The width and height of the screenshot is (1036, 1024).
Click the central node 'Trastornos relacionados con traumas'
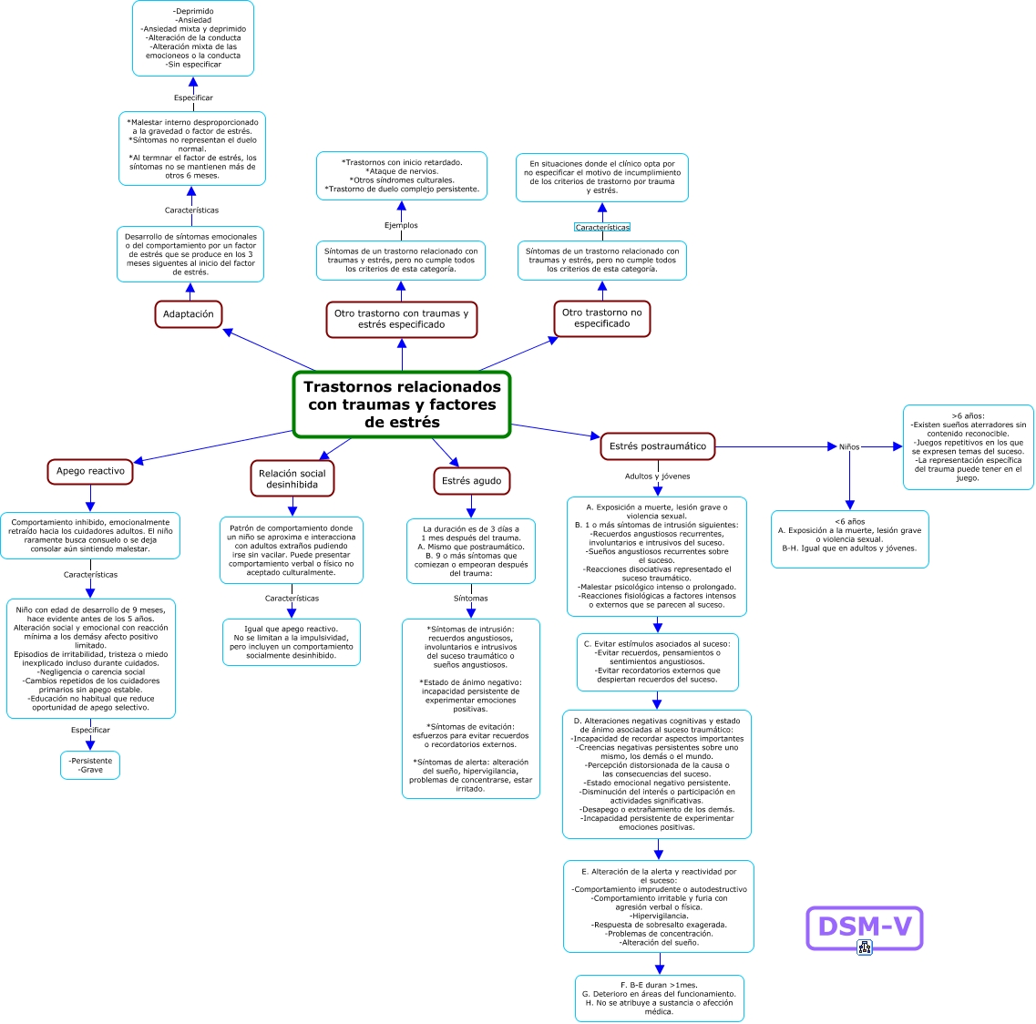click(x=402, y=404)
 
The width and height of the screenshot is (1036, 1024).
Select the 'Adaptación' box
click(x=189, y=313)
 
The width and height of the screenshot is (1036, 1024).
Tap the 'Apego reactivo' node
click(x=90, y=471)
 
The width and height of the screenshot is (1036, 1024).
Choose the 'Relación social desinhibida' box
click(x=292, y=479)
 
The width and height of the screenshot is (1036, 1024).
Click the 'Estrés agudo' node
click(x=472, y=481)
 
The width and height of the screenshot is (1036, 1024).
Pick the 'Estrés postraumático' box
click(x=658, y=446)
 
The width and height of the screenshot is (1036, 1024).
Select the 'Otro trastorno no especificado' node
click(x=602, y=319)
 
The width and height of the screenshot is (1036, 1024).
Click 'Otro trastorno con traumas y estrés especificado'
click(x=402, y=319)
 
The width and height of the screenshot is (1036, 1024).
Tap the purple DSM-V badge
click(x=864, y=927)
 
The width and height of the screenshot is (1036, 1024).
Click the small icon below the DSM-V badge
click(x=864, y=947)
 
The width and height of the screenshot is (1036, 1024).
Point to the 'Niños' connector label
click(x=850, y=447)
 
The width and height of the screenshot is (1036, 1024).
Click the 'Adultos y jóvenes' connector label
click(x=658, y=476)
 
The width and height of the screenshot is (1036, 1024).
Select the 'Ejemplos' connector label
click(x=401, y=225)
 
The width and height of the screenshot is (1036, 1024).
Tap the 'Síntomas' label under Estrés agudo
click(x=471, y=599)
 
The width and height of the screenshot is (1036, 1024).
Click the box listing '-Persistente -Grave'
click(x=90, y=765)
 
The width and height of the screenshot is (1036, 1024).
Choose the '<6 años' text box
click(x=850, y=539)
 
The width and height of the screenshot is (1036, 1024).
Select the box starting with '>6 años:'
click(x=968, y=447)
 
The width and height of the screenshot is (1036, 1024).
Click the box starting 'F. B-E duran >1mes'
click(x=660, y=998)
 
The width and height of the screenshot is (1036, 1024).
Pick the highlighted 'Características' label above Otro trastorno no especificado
click(x=602, y=227)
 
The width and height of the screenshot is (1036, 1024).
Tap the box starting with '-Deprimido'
click(x=193, y=38)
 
